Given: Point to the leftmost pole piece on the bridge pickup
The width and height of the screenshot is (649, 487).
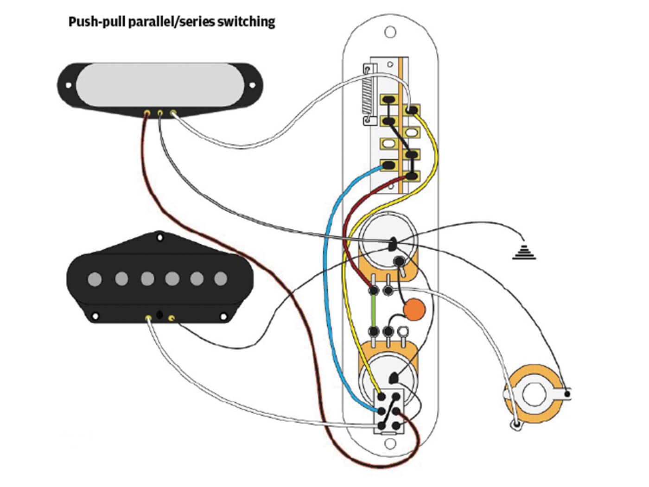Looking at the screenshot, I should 95,279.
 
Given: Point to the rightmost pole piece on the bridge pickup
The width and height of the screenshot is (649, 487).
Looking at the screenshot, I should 221,279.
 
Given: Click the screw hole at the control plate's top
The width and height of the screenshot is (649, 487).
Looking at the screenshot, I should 391,32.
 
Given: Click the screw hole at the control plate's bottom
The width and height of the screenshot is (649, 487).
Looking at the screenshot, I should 390,444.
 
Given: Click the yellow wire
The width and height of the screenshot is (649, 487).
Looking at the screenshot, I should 348,297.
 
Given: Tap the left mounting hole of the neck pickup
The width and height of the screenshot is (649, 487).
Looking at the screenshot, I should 69,86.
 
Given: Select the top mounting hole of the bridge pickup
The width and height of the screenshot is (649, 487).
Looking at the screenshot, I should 160,237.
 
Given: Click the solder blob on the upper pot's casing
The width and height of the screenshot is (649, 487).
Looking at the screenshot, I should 393,243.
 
